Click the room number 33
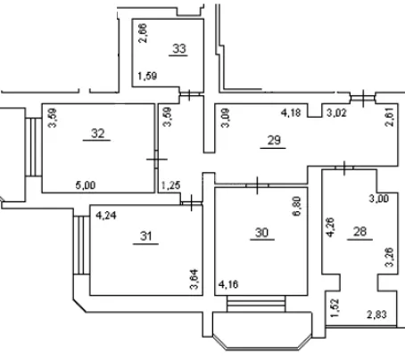click(179, 48)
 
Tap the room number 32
click(98, 134)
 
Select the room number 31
click(146, 236)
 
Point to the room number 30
click(262, 233)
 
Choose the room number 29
click(274, 140)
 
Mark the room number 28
click(360, 231)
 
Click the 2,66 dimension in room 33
click(143, 33)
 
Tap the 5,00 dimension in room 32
click(86, 185)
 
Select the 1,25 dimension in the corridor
click(170, 185)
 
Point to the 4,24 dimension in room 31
click(106, 216)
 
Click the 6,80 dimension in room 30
click(296, 206)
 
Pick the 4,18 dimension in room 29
click(291, 112)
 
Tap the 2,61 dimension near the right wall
click(389, 117)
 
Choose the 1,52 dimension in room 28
click(335, 307)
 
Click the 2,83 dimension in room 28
click(376, 315)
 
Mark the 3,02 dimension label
click(336, 113)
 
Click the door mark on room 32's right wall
click(157, 160)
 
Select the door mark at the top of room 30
click(257, 185)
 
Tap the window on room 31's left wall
click(81, 245)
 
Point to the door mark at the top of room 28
click(344, 168)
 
